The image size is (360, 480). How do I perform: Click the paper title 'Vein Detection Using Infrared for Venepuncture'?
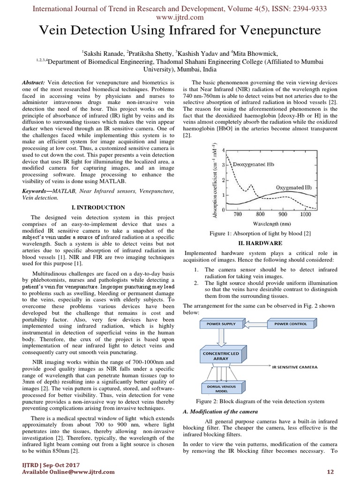click(180, 31)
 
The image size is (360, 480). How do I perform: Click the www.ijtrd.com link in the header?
click(180, 17)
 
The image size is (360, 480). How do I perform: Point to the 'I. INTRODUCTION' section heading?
click(98, 207)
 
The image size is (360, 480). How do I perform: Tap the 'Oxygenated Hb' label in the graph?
click(293, 187)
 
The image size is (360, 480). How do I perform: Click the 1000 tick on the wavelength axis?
click(305, 214)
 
